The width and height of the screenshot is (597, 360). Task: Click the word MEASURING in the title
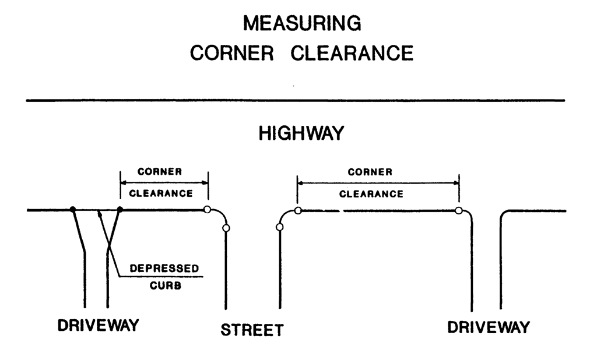click(x=302, y=24)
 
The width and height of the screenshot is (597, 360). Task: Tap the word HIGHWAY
click(x=301, y=134)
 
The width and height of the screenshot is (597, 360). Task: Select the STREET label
click(x=252, y=330)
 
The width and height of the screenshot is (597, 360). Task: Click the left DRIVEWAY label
click(x=99, y=325)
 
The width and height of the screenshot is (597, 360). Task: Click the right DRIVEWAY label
click(x=489, y=327)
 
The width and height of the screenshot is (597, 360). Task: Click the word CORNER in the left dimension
click(x=160, y=172)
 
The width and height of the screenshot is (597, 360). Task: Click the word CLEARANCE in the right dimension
click(x=371, y=194)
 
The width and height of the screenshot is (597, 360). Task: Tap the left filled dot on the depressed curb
click(x=72, y=209)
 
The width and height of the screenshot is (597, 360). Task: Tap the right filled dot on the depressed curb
click(x=120, y=209)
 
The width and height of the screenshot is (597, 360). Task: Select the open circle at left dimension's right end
click(x=207, y=209)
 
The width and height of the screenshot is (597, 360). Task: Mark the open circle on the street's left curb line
click(x=226, y=228)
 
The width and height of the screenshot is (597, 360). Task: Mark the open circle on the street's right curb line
click(x=280, y=227)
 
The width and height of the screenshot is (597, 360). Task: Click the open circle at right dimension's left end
click(x=298, y=210)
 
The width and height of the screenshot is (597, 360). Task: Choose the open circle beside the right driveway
click(x=459, y=210)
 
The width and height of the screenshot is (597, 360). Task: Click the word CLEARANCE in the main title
click(x=352, y=53)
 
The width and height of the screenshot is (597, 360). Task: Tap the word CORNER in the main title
click(x=232, y=53)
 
